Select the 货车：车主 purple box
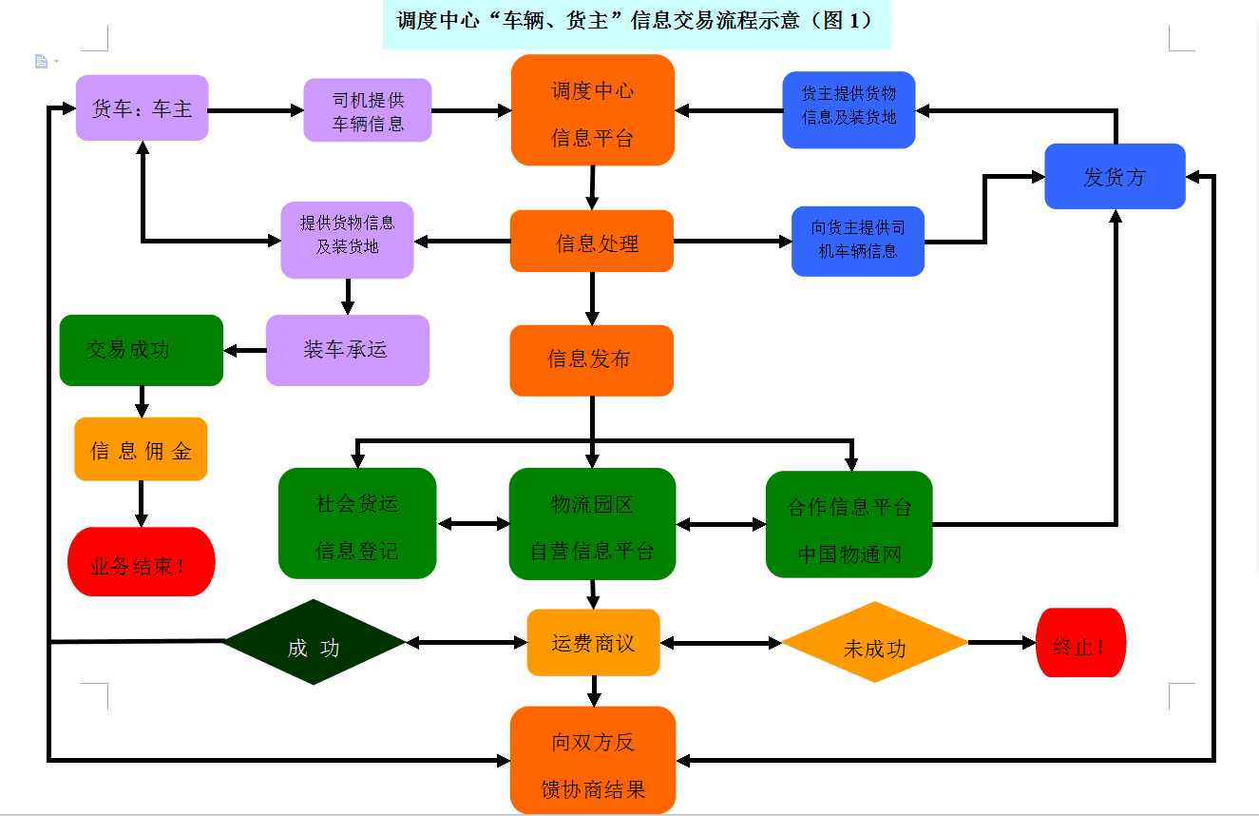tap(142, 108)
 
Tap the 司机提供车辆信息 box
tap(368, 110)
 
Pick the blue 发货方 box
tap(1115, 176)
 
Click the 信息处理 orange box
tap(592, 242)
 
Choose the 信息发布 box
tap(591, 359)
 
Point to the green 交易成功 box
tap(141, 350)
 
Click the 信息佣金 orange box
tap(141, 449)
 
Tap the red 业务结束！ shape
tap(141, 562)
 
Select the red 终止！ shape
tap(1080, 643)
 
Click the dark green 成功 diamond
tap(314, 643)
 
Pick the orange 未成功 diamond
tap(874, 643)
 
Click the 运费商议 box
tap(593, 643)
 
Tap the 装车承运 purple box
tap(347, 350)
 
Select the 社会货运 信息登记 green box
tap(357, 523)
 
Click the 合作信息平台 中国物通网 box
tap(849, 524)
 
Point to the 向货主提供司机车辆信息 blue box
tap(857, 242)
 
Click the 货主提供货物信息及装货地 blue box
tap(849, 109)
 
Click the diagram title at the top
tap(636, 21)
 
